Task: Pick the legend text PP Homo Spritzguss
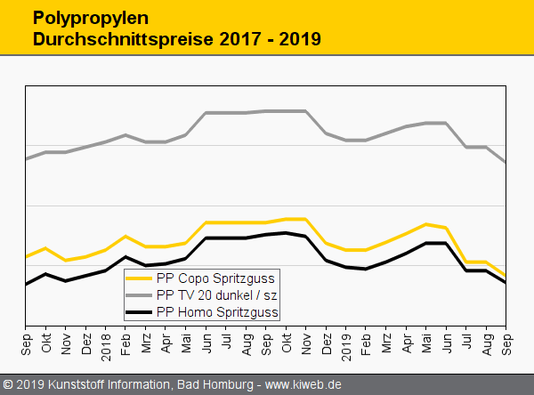(217, 312)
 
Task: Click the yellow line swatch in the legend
(139, 278)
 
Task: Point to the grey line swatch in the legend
(139, 294)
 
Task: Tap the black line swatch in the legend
(139, 312)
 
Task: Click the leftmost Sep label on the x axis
(26, 343)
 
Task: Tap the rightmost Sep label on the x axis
(507, 343)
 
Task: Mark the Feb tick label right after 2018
(126, 343)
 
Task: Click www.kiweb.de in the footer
(303, 385)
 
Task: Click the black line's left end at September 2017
(26, 285)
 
